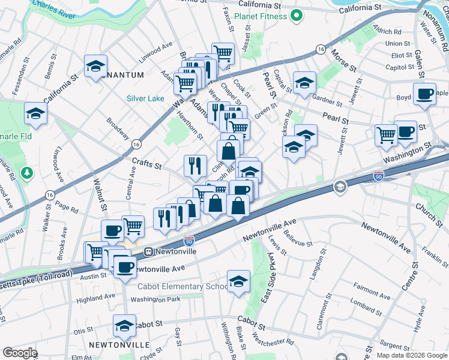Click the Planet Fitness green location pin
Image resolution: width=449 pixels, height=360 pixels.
295,16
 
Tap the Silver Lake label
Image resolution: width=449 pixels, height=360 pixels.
145,98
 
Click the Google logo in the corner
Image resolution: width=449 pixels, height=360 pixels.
20,353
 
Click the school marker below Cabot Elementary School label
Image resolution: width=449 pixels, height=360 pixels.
238,281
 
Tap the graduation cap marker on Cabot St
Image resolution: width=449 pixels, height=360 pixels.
124,326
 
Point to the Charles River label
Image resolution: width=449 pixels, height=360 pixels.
54,9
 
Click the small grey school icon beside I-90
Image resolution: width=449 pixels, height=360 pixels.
340,188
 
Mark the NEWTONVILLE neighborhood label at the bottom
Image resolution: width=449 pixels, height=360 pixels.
119,345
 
